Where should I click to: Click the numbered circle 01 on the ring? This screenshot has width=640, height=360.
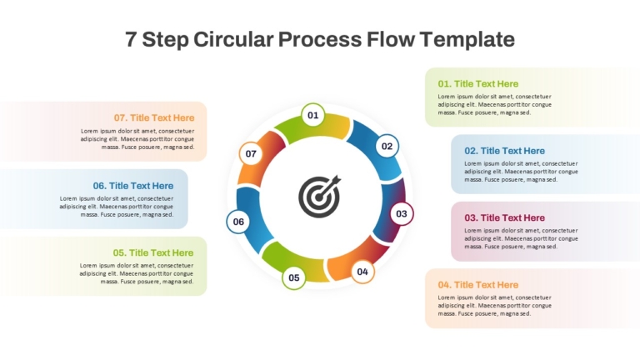pos(313,115)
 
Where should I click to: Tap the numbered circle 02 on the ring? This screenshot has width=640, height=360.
pos(387,146)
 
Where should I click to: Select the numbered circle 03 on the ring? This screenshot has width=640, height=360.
pos(402,213)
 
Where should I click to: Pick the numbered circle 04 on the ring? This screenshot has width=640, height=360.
pos(362,272)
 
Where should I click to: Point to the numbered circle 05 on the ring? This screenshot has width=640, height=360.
pos(294,277)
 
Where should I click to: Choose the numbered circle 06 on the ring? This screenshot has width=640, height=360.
pos(238,222)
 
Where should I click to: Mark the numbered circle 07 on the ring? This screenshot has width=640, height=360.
pos(251,153)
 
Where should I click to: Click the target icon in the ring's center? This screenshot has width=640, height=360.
pos(320,197)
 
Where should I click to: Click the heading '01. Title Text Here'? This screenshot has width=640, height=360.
pos(478,83)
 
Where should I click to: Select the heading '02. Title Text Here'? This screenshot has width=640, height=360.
pos(504,151)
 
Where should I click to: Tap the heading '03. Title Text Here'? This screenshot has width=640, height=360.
pos(504,217)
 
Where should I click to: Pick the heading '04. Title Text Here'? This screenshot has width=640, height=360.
pos(478,284)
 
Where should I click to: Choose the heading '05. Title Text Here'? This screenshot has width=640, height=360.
pos(153,252)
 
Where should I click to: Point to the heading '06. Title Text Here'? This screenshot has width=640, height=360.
pos(133,186)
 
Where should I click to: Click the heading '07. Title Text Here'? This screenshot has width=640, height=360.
pos(154,117)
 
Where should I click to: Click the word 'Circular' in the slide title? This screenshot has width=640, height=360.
pos(233,39)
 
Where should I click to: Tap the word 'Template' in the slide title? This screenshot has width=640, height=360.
pos(467,40)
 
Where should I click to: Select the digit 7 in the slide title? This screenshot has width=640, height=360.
pos(131,40)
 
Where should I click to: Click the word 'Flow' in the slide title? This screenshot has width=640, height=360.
pos(390,39)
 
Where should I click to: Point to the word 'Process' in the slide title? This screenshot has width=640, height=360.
pos(320,40)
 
